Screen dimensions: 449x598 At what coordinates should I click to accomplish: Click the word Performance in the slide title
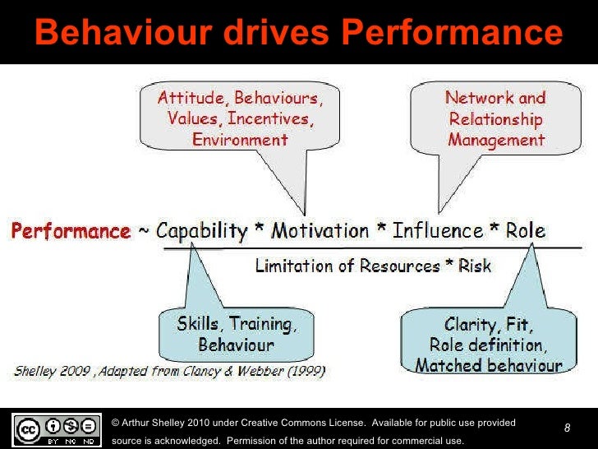click(451, 33)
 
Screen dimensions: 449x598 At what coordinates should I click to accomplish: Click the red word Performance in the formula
click(70, 231)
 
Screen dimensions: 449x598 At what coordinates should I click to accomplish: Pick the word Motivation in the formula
click(321, 231)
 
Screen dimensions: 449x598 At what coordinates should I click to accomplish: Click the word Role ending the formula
click(525, 231)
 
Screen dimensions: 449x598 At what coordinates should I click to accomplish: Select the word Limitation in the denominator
click(294, 266)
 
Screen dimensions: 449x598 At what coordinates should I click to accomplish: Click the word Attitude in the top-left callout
click(191, 99)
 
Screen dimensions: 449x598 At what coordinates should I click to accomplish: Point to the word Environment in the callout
click(240, 139)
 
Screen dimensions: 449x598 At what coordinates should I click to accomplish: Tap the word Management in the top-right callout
click(496, 139)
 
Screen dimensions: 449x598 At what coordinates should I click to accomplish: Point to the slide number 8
click(567, 428)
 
